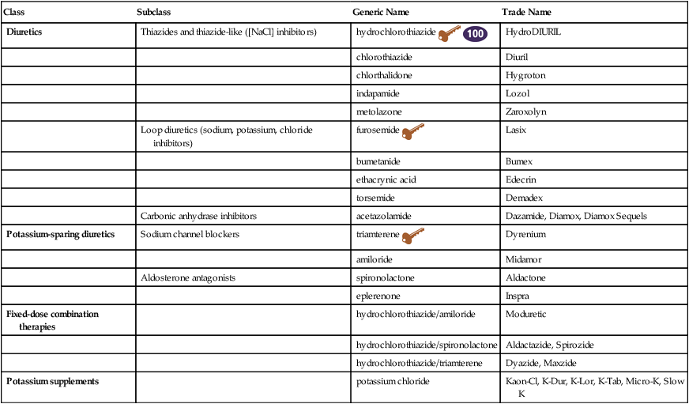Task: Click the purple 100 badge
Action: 475,34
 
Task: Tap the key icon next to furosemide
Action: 412,132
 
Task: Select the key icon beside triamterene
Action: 412,237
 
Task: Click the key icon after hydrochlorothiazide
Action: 449,34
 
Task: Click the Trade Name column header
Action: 527,13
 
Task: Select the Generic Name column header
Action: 382,13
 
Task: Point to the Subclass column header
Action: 153,13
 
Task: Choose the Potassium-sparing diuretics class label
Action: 61,235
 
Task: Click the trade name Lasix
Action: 515,129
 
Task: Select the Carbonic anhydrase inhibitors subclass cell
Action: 198,215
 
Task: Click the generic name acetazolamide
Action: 385,215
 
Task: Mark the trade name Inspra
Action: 518,296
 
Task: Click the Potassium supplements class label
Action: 53,382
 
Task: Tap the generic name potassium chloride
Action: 393,382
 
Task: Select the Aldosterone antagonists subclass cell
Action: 187,278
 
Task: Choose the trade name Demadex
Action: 523,198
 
